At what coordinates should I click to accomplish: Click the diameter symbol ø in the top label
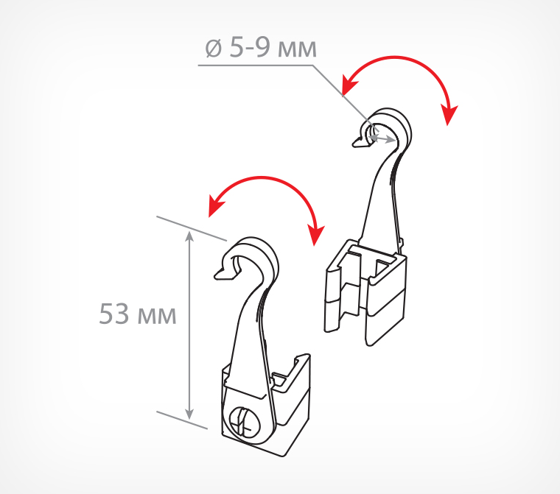(x=213, y=48)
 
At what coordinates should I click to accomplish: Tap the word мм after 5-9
(x=297, y=49)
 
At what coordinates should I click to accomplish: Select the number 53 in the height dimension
(x=113, y=314)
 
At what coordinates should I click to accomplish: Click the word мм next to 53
(x=157, y=317)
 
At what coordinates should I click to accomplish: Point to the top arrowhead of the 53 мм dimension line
(x=189, y=237)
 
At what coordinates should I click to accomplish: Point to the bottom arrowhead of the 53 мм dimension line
(x=189, y=412)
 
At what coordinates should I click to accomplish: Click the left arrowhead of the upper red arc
(x=348, y=85)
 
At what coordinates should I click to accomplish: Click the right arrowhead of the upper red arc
(x=449, y=114)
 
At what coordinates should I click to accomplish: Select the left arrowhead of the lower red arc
(x=215, y=207)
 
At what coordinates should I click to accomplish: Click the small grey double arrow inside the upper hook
(x=382, y=138)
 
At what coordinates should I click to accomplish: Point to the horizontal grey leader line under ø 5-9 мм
(x=256, y=66)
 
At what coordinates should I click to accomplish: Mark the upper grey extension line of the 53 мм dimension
(x=192, y=228)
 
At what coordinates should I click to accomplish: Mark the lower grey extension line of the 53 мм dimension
(x=182, y=420)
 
